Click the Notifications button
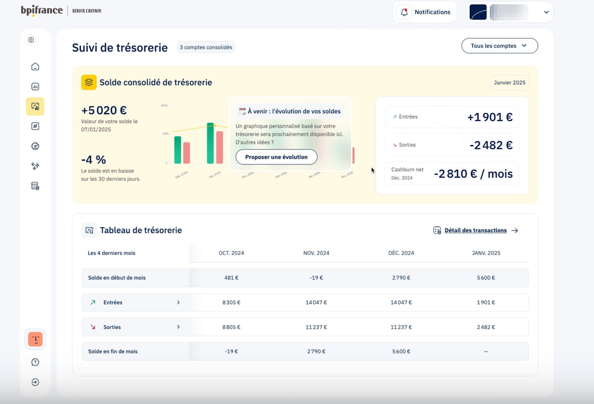pyautogui.click(x=425, y=12)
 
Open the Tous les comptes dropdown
pyautogui.click(x=499, y=46)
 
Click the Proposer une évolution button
pyautogui.click(x=276, y=157)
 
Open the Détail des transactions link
pyautogui.click(x=475, y=231)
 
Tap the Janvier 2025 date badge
pyautogui.click(x=510, y=83)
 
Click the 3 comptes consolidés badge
pyautogui.click(x=206, y=47)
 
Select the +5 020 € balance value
pyautogui.click(x=104, y=110)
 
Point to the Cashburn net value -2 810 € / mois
pyautogui.click(x=473, y=174)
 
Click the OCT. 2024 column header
pyautogui.click(x=231, y=253)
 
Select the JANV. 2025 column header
pyautogui.click(x=486, y=253)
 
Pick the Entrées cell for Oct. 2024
pyautogui.click(x=231, y=302)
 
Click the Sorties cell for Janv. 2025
pyautogui.click(x=486, y=327)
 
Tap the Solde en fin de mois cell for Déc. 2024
pyautogui.click(x=401, y=352)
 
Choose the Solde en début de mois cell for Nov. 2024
pyautogui.click(x=316, y=278)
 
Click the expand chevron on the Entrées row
pyautogui.click(x=178, y=302)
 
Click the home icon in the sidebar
pyautogui.click(x=35, y=67)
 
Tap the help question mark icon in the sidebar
pyautogui.click(x=35, y=362)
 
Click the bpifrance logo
pyautogui.click(x=42, y=11)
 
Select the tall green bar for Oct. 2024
pyautogui.click(x=210, y=143)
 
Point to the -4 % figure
pyautogui.click(x=94, y=160)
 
